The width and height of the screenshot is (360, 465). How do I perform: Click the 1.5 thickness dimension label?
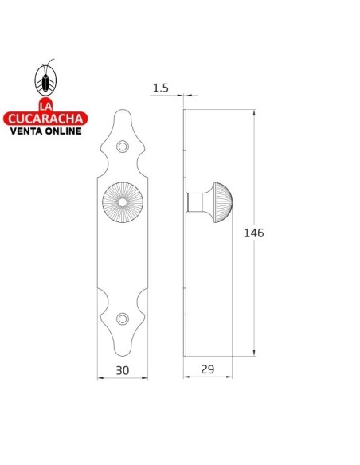tap(160, 88)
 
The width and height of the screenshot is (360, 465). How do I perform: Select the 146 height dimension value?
tap(253, 232)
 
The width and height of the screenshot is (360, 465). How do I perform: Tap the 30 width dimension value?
tap(122, 369)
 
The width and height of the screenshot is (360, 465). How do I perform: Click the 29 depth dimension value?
tap(206, 369)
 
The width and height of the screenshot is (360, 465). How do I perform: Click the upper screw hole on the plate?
tap(122, 147)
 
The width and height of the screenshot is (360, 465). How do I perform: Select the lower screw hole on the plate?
tap(122, 318)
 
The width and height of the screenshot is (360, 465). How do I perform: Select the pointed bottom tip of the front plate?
tap(122, 355)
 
